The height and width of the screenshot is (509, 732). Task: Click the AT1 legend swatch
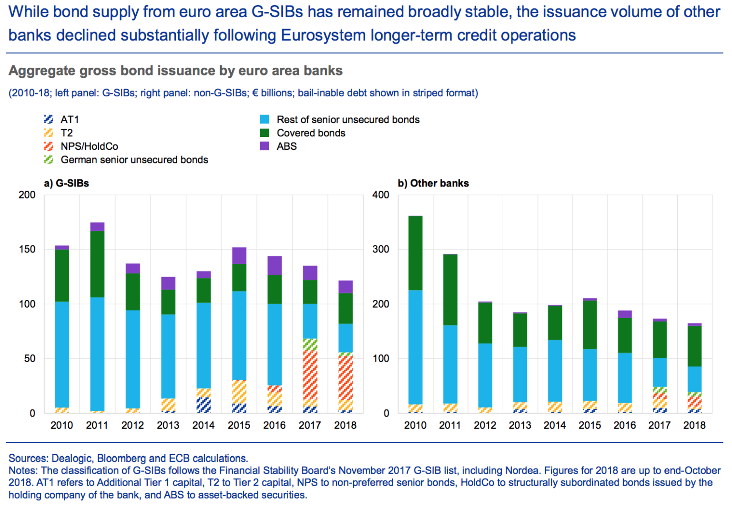pos(48,119)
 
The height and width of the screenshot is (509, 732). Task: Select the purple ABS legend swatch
pos(264,146)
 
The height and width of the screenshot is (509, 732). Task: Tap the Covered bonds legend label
pos(311,133)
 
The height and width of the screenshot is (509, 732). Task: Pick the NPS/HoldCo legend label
pos(89,146)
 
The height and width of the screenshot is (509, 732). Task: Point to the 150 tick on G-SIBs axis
pos(27,249)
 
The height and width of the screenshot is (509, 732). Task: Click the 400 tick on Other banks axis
pos(380,195)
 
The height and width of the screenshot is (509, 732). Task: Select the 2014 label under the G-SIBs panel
pos(203,425)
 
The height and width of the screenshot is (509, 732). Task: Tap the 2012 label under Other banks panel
pos(485,425)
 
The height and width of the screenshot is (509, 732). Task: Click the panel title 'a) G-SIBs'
pos(66,183)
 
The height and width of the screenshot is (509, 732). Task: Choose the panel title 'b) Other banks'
pos(433,183)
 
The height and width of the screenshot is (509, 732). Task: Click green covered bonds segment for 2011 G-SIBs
pos(97,264)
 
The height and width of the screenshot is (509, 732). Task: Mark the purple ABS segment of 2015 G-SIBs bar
pos(239,256)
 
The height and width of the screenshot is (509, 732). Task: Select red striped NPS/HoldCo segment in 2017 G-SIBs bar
pos(310,374)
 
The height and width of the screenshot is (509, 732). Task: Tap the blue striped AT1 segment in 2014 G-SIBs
pos(204,405)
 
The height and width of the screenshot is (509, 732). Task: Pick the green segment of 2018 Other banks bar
pos(695,346)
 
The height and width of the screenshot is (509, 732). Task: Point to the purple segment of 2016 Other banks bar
pos(625,314)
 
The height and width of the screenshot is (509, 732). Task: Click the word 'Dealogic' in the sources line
pos(71,458)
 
